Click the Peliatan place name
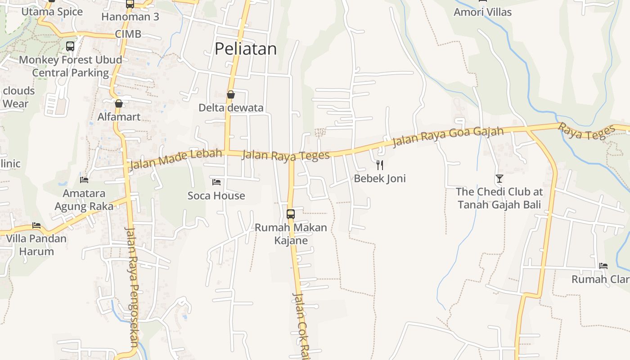(245, 49)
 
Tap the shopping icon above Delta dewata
(231, 94)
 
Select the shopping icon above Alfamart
(119, 103)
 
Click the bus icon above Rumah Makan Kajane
(291, 214)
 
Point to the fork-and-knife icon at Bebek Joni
(380, 165)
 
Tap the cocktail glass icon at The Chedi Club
(499, 179)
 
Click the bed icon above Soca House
(216, 182)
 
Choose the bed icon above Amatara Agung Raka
(84, 180)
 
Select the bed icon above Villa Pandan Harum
(36, 225)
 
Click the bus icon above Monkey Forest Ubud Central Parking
(70, 46)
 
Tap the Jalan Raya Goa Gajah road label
(448, 136)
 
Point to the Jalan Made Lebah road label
(175, 159)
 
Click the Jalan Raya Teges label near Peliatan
(286, 156)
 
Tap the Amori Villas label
(482, 12)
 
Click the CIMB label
(128, 34)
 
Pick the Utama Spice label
(52, 12)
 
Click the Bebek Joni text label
(380, 179)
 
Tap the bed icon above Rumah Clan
(603, 266)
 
